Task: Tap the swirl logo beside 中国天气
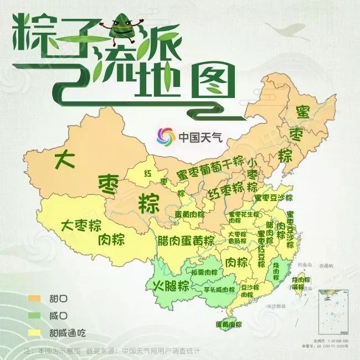point(165,136)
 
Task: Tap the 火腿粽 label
point(170,286)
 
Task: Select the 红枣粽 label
point(225,189)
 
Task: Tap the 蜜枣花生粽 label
point(244,214)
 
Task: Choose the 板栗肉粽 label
point(204,272)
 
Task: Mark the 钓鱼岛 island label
point(302,265)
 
